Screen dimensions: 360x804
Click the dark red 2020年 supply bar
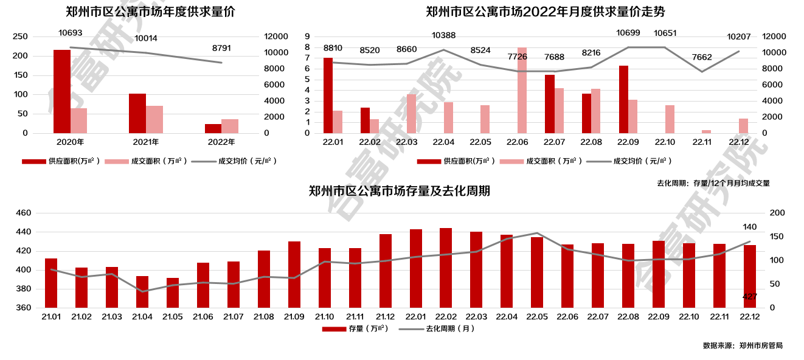[x=62, y=91]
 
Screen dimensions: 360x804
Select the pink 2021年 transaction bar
[x=154, y=119]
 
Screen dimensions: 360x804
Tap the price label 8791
[x=221, y=48]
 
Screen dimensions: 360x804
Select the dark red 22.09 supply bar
[x=623, y=99]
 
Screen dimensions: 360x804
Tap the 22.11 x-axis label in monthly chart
[x=702, y=142]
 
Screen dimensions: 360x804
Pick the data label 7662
[x=702, y=57]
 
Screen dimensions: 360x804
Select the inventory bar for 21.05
[x=173, y=292]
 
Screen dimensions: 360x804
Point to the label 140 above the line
[x=750, y=227]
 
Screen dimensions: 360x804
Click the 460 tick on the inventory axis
[x=23, y=213]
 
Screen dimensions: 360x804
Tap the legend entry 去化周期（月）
[x=436, y=329]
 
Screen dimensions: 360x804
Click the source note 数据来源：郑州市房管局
[x=742, y=345]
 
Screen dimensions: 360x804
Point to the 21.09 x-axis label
[x=294, y=317]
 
